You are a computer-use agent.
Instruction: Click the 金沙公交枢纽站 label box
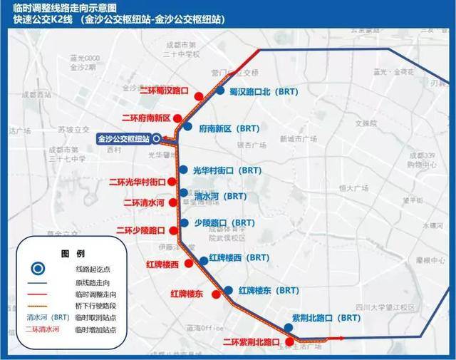pyautogui.click(x=123, y=139)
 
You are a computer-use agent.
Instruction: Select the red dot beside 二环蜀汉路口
pyautogui.click(x=199, y=92)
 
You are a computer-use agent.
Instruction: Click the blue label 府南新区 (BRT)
pyautogui.click(x=229, y=129)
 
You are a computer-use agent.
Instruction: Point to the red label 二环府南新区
pyautogui.click(x=147, y=118)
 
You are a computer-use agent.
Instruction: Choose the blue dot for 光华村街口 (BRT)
pyautogui.click(x=183, y=170)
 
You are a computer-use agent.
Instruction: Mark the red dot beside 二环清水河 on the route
pyautogui.click(x=176, y=203)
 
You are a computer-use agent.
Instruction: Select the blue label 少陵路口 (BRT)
pyautogui.click(x=229, y=223)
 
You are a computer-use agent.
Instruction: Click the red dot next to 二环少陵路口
pyautogui.click(x=175, y=231)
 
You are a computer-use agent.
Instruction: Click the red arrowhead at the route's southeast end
pyautogui.click(x=341, y=338)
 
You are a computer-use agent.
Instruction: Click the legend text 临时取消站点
pyautogui.click(x=95, y=317)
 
